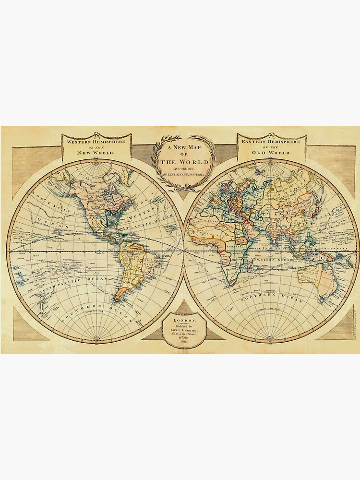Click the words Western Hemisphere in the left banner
click(x=96, y=143)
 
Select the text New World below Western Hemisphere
click(x=96, y=153)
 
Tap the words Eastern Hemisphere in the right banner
click(x=271, y=143)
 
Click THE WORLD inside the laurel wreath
click(x=184, y=162)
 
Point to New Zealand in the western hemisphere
click(x=44, y=302)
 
